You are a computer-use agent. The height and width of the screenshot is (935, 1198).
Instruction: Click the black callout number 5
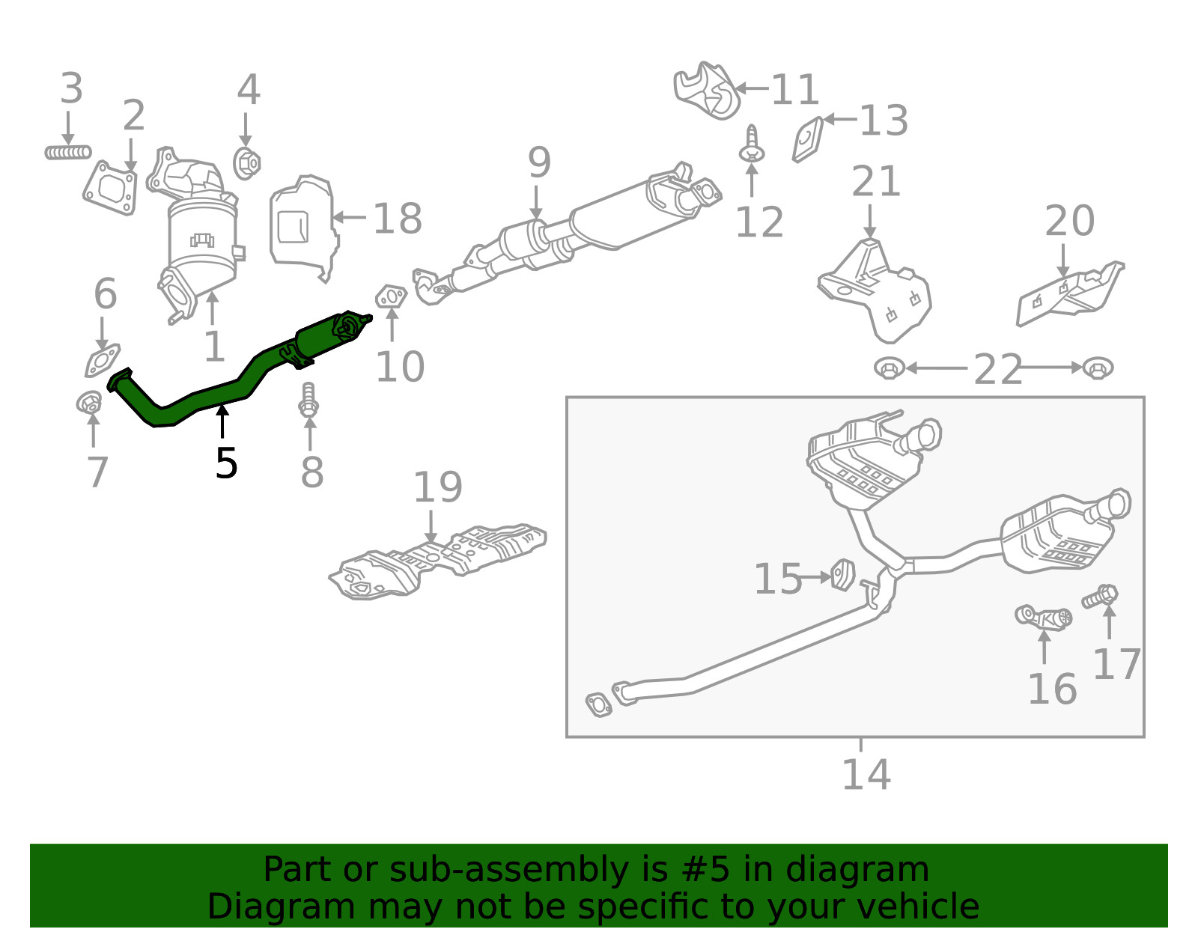[226, 463]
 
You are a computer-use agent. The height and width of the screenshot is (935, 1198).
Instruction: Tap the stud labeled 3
[68, 153]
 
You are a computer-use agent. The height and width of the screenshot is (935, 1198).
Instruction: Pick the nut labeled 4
[246, 162]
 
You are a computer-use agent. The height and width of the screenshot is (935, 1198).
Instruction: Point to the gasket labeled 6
[102, 360]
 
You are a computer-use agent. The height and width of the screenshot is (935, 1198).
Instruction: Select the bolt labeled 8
[308, 401]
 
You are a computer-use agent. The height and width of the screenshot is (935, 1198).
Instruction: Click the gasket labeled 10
[391, 297]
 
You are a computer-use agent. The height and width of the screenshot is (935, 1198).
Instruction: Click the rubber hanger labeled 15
[843, 575]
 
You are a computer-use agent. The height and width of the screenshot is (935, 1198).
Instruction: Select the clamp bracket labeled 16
[1044, 617]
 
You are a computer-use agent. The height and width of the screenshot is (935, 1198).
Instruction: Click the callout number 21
[875, 182]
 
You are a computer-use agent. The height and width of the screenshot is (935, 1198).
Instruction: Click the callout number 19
[438, 487]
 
